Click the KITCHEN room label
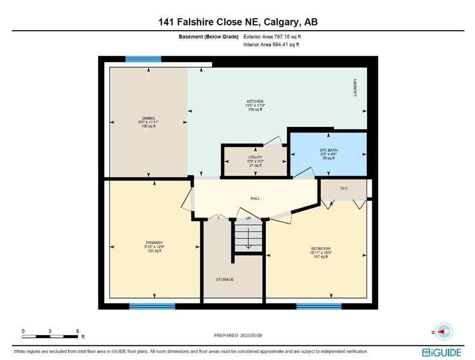coord(255,101)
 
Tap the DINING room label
coord(148,118)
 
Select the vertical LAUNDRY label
coord(355,88)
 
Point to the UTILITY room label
coord(255,157)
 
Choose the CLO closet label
coord(343,188)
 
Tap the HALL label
coord(255,198)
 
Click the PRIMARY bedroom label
coord(154,243)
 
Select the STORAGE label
coord(225,279)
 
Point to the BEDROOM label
coord(321,248)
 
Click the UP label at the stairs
coord(248,218)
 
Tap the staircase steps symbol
coord(248,237)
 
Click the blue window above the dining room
coord(143,59)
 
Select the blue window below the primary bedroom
coord(152,306)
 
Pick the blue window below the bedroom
coord(319,306)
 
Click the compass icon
coord(443,331)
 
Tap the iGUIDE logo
coord(441,352)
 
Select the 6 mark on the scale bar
coord(77,330)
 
